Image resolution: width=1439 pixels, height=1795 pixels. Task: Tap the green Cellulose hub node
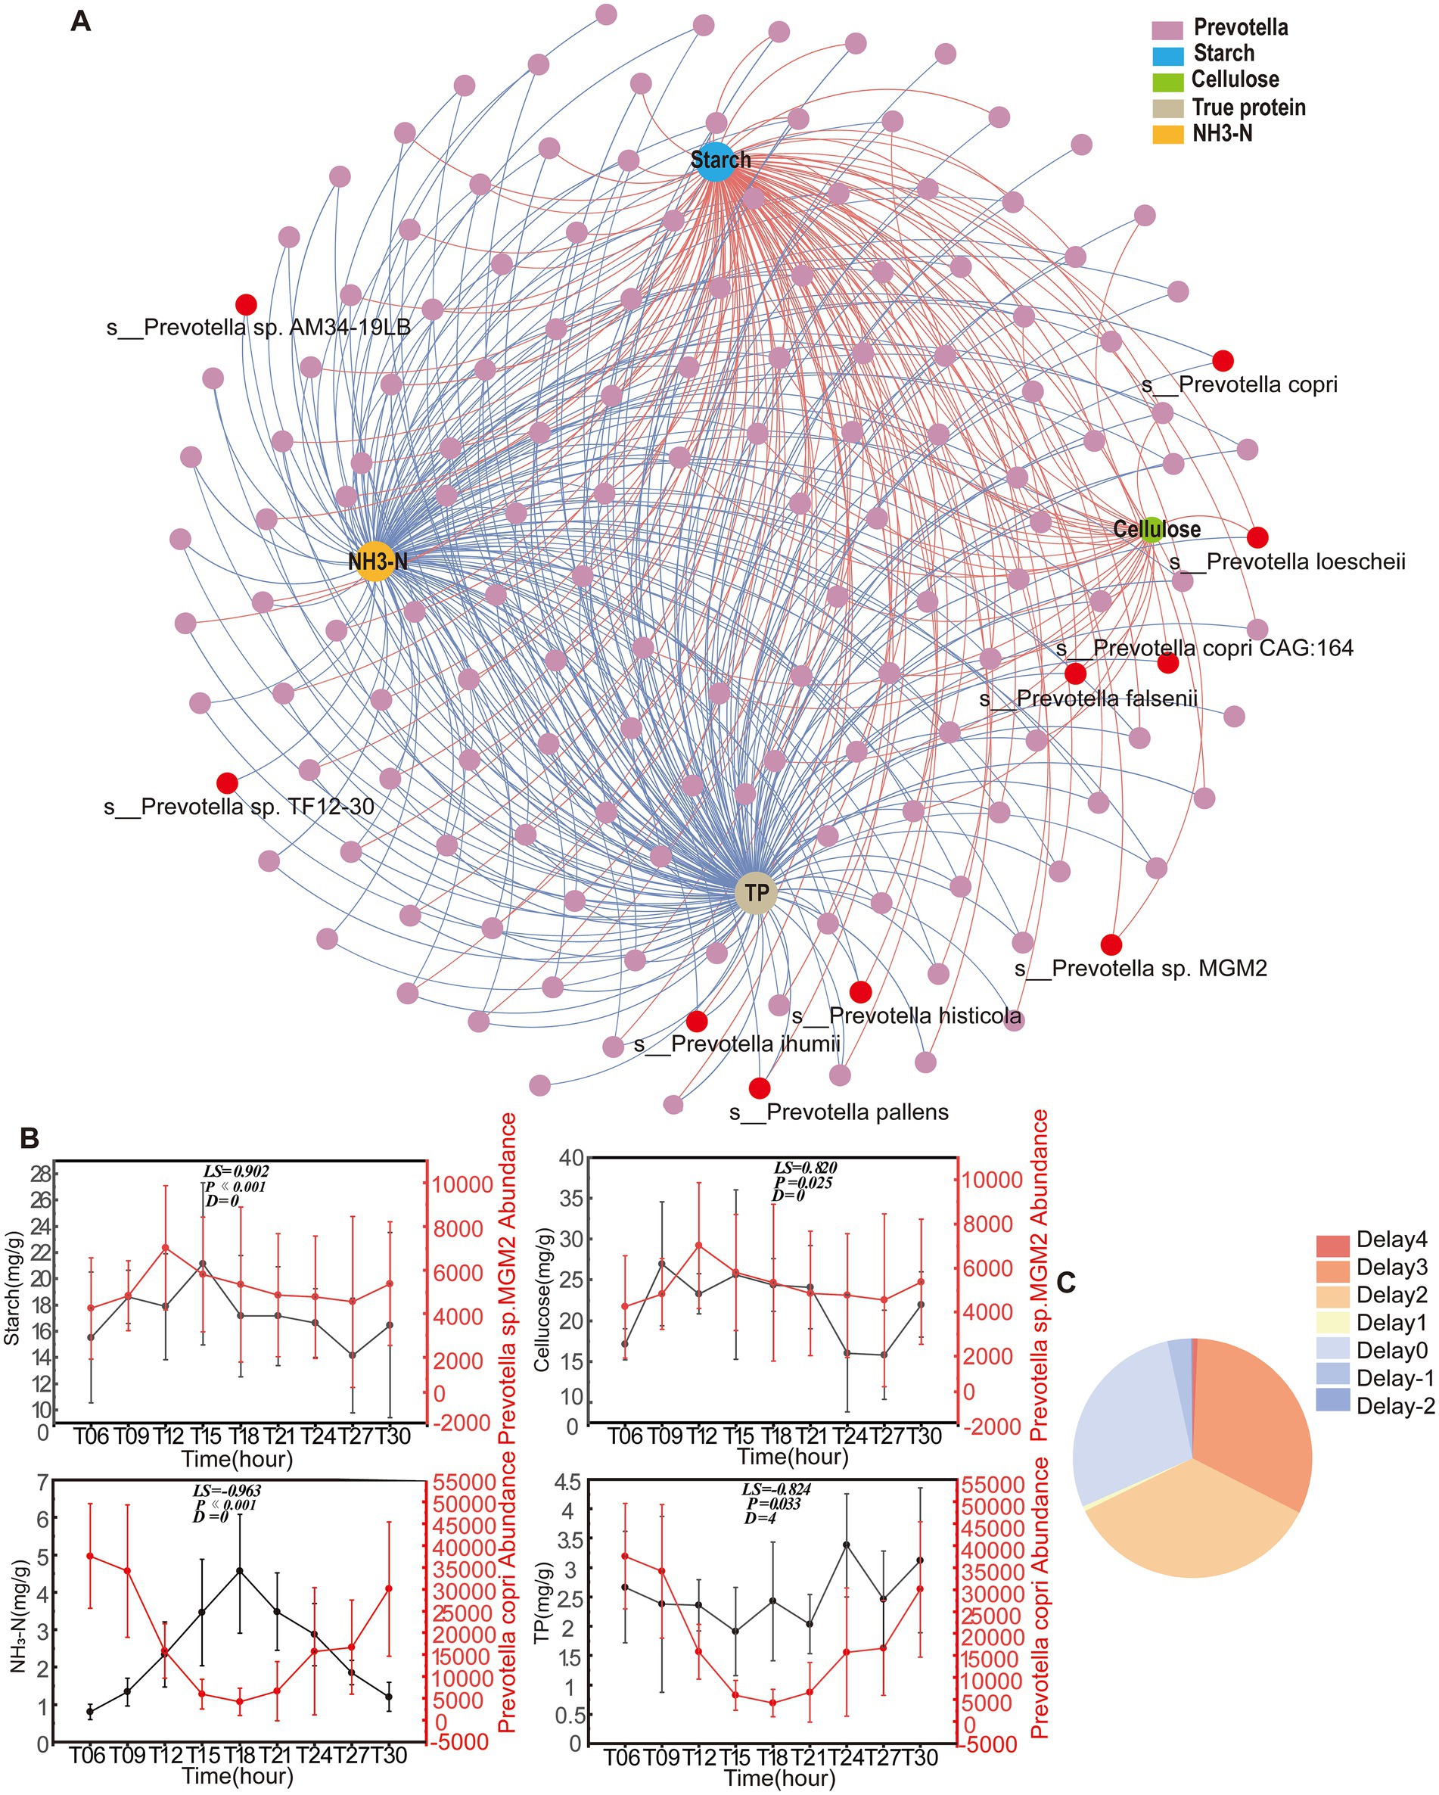coord(1151,530)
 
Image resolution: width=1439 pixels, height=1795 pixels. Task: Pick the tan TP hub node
coord(756,892)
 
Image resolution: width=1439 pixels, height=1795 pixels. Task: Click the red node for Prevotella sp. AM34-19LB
coord(246,304)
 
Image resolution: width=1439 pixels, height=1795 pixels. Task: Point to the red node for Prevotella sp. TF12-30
coord(227,782)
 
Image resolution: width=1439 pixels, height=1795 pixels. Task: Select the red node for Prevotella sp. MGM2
coord(1111,944)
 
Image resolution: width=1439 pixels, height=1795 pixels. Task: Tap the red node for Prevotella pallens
coord(759,1087)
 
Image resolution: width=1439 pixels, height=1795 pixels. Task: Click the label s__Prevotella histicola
coord(906,1016)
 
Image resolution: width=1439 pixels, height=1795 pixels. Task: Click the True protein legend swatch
coord(1167,108)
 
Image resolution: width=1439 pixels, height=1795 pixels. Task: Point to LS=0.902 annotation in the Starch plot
coord(235,1171)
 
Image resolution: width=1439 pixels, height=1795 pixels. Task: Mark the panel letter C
coord(1066,1283)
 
